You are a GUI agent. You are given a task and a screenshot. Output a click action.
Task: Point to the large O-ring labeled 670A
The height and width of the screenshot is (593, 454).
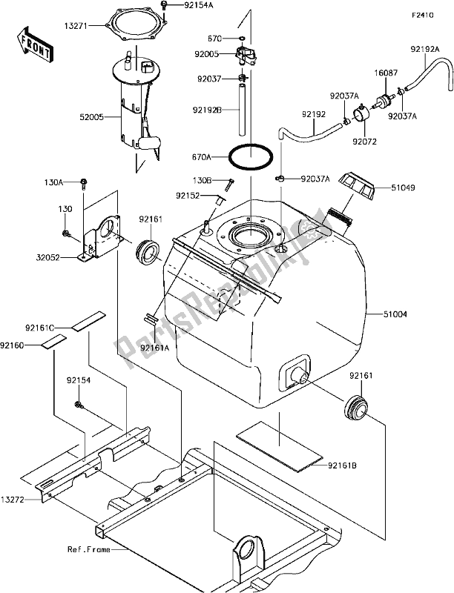coord(251,156)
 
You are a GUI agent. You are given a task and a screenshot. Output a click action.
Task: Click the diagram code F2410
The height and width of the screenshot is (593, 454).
coord(423,16)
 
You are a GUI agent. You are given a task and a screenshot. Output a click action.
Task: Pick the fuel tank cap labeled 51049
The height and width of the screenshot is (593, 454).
coord(357,187)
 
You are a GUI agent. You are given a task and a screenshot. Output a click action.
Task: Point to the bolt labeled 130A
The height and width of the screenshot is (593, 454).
coord(84,184)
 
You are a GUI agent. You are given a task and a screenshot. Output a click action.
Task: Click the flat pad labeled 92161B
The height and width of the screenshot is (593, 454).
coord(280,446)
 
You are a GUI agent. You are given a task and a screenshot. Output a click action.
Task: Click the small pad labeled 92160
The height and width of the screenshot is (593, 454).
coord(53,340)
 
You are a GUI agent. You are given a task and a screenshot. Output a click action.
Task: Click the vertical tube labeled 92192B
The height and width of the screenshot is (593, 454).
coord(242,110)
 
